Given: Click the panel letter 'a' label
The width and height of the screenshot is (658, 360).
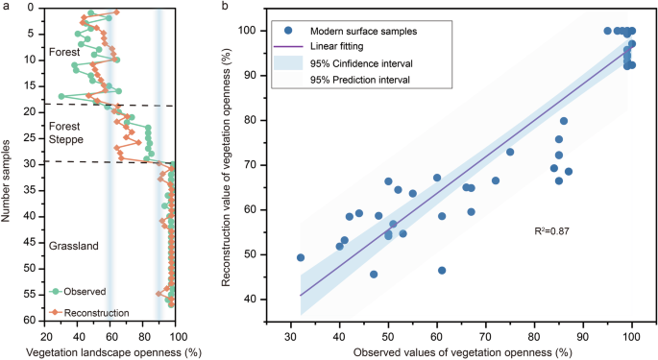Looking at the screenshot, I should click(x=6, y=6).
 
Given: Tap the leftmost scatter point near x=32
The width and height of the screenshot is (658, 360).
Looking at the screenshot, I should click(x=301, y=257).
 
